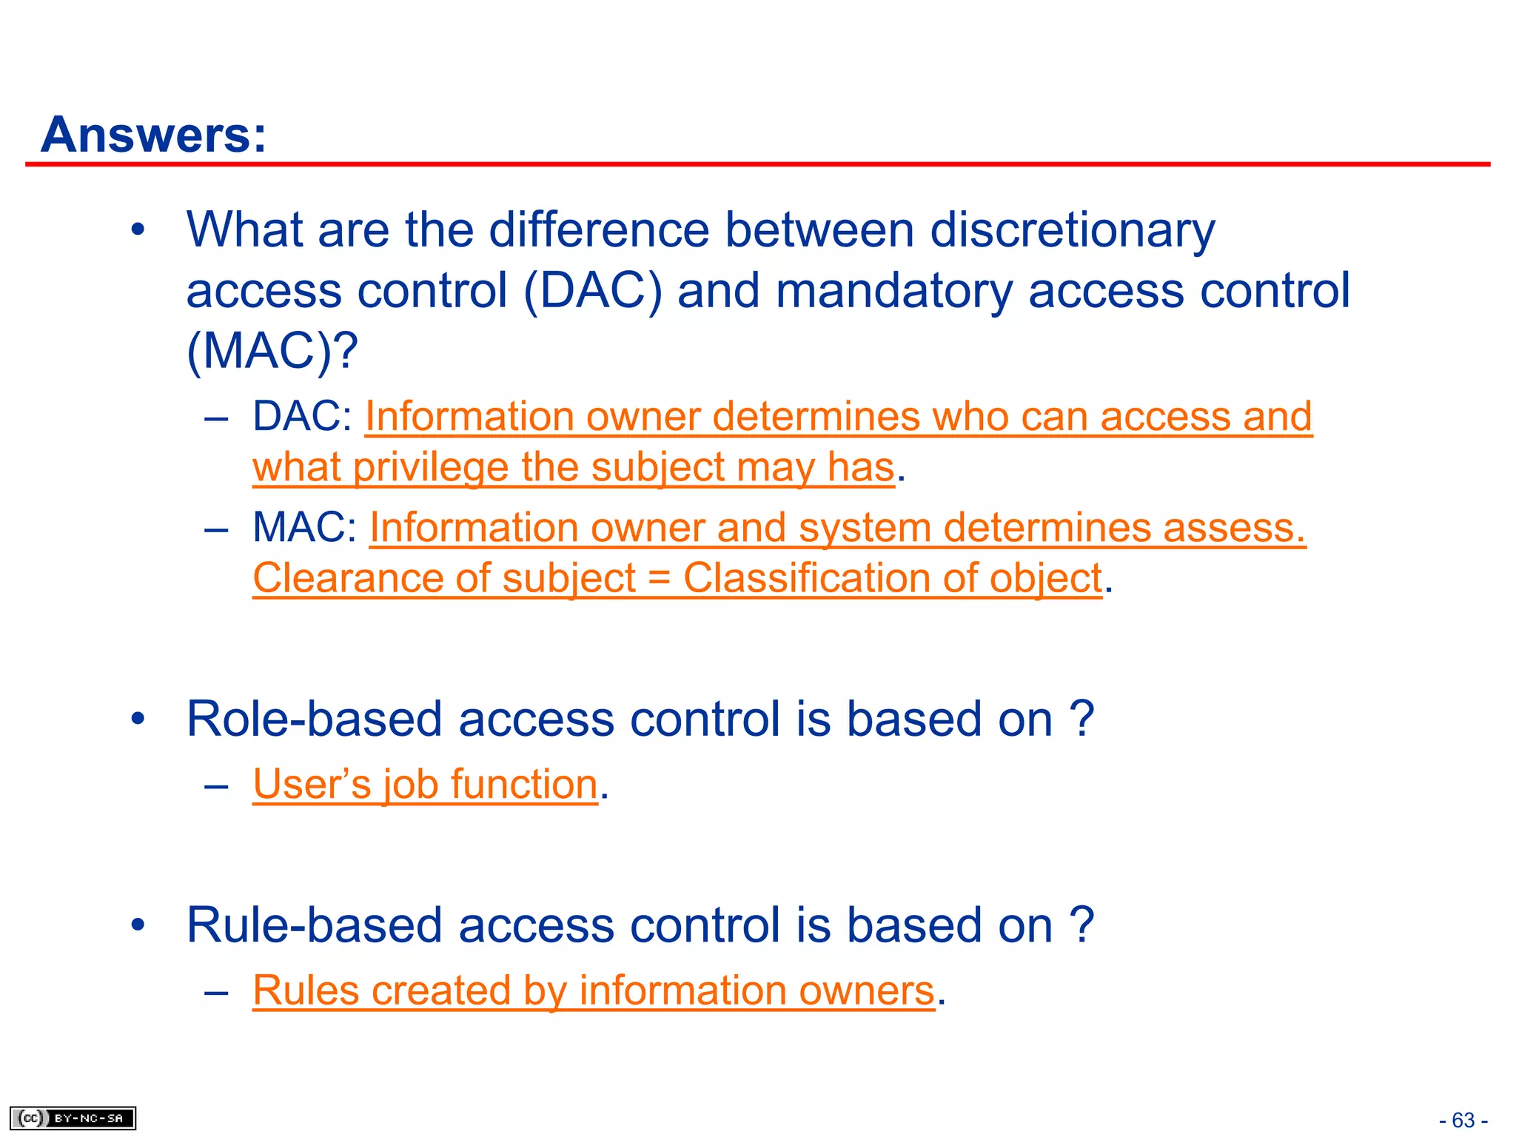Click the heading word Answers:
pos(153,135)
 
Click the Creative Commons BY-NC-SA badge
pos(73,1118)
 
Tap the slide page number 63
pos(1463,1120)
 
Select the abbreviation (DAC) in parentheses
pos(592,290)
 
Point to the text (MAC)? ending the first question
pos(272,351)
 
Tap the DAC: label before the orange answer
pos(302,416)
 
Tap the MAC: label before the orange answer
pos(304,527)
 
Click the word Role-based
pos(314,719)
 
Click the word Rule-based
pos(314,925)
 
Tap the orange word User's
pos(312,784)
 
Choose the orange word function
pos(523,784)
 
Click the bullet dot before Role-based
pos(138,719)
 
